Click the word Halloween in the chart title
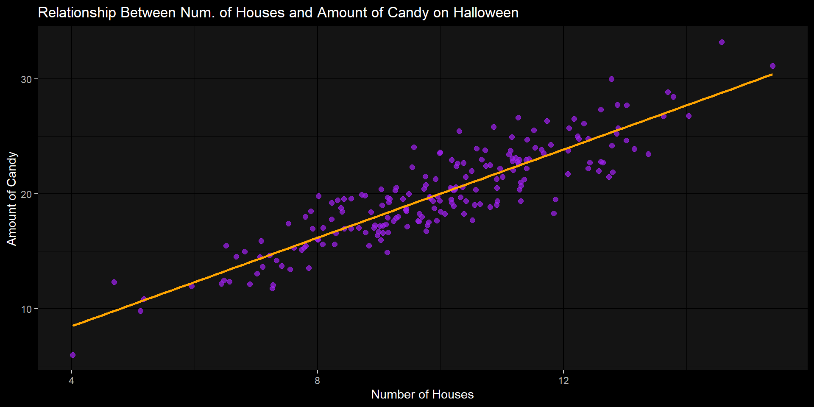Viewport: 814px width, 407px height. pyautogui.click(x=486, y=13)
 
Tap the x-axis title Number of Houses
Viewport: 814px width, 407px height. pyautogui.click(x=422, y=394)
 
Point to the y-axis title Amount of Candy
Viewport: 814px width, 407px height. pyautogui.click(x=12, y=198)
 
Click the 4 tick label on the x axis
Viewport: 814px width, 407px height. pyautogui.click(x=72, y=381)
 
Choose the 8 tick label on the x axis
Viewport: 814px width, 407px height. pyautogui.click(x=318, y=381)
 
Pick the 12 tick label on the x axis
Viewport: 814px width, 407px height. pyautogui.click(x=563, y=381)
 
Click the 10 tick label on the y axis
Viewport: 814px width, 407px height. pyautogui.click(x=26, y=309)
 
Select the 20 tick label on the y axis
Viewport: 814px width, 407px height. pyautogui.click(x=26, y=194)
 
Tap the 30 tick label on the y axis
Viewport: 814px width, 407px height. pyautogui.click(x=26, y=79)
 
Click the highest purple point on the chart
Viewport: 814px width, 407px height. pyautogui.click(x=722, y=42)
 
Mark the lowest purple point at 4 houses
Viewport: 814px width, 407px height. pyautogui.click(x=72, y=355)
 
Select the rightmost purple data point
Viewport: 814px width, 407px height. pyautogui.click(x=772, y=66)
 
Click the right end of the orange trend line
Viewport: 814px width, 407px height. pyautogui.click(x=772, y=75)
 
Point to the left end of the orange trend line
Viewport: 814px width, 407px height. pyautogui.click(x=73, y=326)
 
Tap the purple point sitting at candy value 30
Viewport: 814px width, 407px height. pyautogui.click(x=611, y=79)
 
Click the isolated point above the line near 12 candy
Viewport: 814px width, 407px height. pyautogui.click(x=114, y=282)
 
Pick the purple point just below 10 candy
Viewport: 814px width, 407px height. pyautogui.click(x=141, y=311)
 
